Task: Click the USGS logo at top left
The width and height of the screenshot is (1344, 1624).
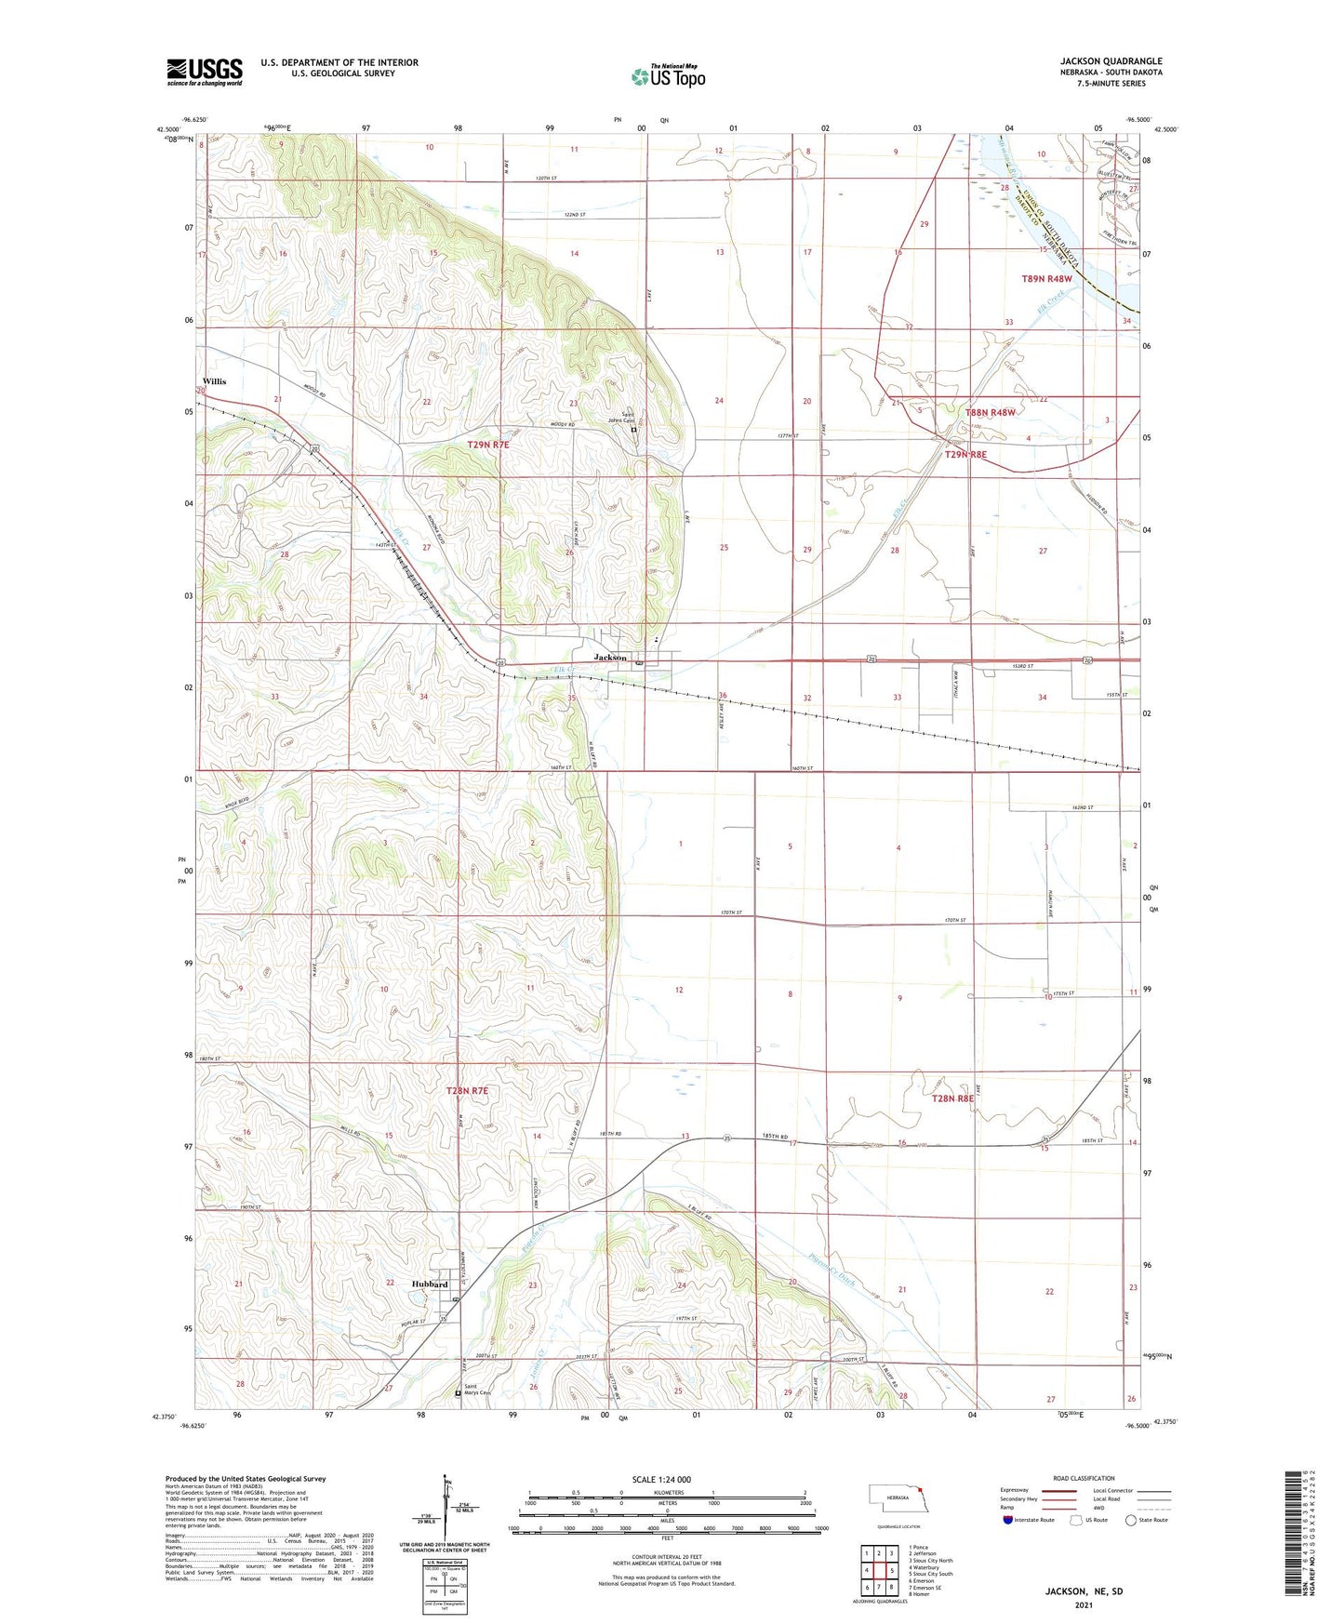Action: point(205,72)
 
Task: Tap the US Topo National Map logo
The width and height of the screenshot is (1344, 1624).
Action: point(667,76)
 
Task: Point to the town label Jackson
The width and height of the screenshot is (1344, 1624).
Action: point(610,658)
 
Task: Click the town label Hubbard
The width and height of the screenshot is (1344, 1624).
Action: point(430,1285)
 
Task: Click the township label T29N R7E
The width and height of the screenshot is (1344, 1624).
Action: point(488,446)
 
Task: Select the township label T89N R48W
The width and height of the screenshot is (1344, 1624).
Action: point(1047,278)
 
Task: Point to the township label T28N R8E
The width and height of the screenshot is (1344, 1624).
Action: point(952,1098)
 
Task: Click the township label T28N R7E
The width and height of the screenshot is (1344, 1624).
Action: point(467,1090)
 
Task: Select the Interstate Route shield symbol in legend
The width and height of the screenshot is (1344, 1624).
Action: point(1008,1520)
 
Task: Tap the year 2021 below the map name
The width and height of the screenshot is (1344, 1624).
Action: point(1084,1604)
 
